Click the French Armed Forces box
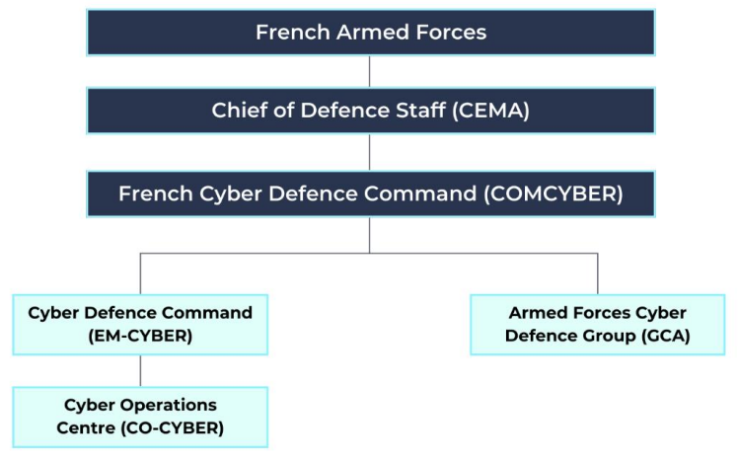[x=370, y=33]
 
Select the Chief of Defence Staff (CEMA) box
[x=370, y=111]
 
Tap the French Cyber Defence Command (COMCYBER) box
[x=370, y=193]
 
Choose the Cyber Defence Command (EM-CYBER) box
[x=140, y=324]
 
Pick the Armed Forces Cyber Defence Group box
[x=597, y=324]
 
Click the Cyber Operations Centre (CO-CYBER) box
[x=140, y=417]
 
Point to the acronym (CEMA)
[x=490, y=111]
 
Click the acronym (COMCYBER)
[x=553, y=193]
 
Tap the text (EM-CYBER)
[x=140, y=335]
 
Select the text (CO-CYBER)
[x=174, y=427]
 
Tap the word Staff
[x=415, y=111]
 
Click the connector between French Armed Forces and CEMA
[x=370, y=71]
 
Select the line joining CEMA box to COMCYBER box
[x=370, y=152]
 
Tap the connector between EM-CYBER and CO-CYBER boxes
[x=140, y=370]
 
